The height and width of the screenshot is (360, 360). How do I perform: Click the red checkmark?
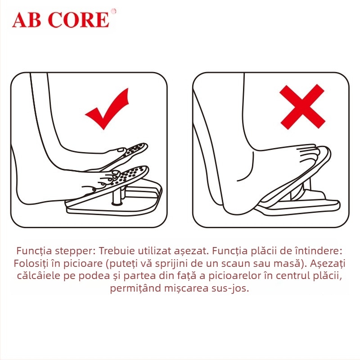(107, 110)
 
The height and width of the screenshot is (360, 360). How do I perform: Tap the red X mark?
(302, 107)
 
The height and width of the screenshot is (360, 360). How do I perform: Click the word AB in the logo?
(28, 20)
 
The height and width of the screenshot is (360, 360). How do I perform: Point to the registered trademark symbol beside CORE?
(113, 11)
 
